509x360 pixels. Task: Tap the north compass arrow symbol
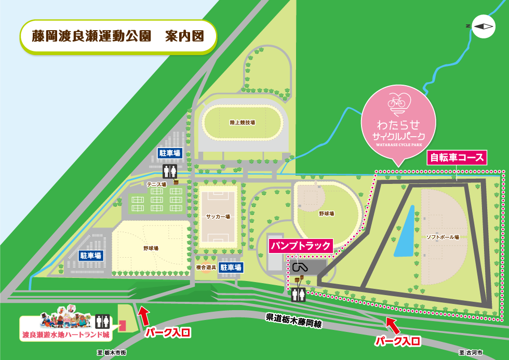[483, 26]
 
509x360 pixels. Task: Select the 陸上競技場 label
[243, 123]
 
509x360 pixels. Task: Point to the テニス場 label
[156, 184]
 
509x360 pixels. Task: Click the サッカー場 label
[218, 216]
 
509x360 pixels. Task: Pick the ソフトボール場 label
[443, 237]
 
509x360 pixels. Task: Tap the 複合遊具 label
[206, 267]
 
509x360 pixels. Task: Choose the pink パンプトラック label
[301, 246]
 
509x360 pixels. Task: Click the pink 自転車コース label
[457, 157]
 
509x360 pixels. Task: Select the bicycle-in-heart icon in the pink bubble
[398, 101]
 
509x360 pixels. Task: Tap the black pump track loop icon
[300, 268]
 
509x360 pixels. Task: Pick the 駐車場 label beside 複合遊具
[230, 268]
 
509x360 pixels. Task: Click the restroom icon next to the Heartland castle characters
[102, 321]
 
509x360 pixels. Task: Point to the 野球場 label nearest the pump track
[326, 214]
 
